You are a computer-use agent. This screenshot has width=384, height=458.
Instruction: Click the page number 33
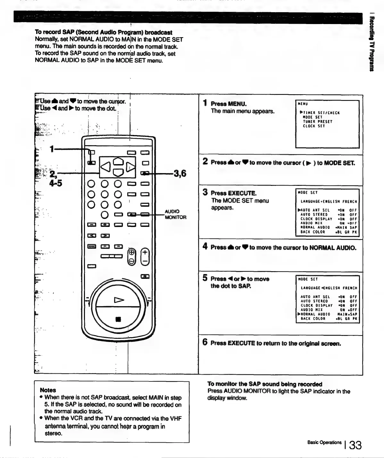pos(355,445)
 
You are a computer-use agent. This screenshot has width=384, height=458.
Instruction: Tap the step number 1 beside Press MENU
pos(205,103)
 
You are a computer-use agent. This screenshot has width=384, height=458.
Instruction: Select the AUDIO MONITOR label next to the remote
pos(175,214)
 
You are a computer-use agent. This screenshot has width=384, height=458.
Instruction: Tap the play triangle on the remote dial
pos(119,300)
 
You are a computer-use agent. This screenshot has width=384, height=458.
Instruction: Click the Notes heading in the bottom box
pos(48,390)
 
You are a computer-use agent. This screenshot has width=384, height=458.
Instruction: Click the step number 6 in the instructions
pos(205,342)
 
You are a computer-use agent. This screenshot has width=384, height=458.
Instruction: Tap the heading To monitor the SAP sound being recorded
pos(264,384)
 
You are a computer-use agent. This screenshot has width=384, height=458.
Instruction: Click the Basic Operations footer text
pos(324,443)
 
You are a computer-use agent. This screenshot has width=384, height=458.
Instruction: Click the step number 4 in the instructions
pos(205,246)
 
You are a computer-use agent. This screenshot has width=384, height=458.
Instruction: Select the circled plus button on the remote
pos(131,252)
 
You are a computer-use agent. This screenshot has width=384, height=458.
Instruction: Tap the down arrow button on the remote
pos(118,172)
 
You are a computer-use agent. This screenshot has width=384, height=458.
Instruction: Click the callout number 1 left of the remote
pos(52,149)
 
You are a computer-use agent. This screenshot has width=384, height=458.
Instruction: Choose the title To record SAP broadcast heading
pos(103,32)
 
